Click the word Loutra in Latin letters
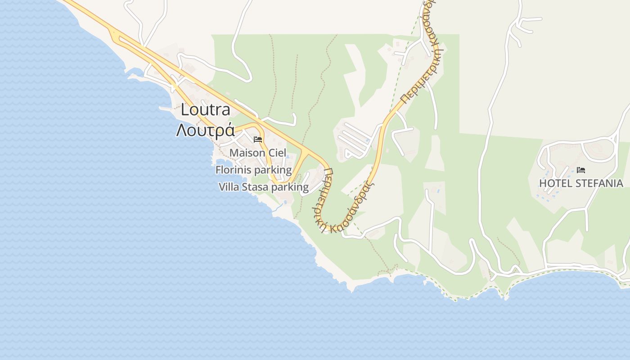(205, 110)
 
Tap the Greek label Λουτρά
(205, 130)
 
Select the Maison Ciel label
(257, 153)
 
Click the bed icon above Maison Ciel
(258, 139)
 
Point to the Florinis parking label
(253, 170)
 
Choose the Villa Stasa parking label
(263, 187)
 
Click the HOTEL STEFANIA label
(581, 183)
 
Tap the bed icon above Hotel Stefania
(581, 170)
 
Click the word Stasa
(255, 187)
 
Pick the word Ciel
(277, 153)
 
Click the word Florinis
(233, 170)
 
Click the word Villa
(229, 187)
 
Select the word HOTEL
(555, 183)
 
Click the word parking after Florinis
(273, 170)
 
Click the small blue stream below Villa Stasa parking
(281, 207)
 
